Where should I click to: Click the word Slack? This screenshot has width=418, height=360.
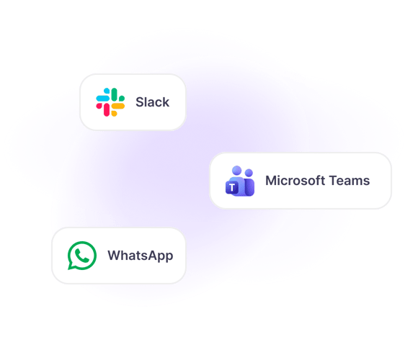pyautogui.click(x=152, y=102)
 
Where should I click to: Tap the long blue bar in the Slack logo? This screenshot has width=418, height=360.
pyautogui.click(x=102, y=98)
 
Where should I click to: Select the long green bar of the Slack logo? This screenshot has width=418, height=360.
pyautogui.click(x=115, y=94)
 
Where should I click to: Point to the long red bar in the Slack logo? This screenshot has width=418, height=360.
pyautogui.click(x=107, y=110)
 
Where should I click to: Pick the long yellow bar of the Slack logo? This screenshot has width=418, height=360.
pyautogui.click(x=118, y=107)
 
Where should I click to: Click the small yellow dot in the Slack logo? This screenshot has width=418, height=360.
pyautogui.click(x=114, y=114)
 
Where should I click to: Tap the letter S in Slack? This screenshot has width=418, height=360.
pyautogui.click(x=140, y=102)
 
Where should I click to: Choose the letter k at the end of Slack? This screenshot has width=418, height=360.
pyautogui.click(x=166, y=102)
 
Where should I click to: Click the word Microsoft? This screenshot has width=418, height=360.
pyautogui.click(x=295, y=181)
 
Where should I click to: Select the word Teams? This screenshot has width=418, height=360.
pyautogui.click(x=350, y=181)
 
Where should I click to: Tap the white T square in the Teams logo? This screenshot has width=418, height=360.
pyautogui.click(x=232, y=188)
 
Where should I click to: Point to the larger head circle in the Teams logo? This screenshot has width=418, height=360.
pyautogui.click(x=236, y=171)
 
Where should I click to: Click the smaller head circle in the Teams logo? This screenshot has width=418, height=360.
pyautogui.click(x=249, y=173)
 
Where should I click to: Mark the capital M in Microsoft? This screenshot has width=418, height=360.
pyautogui.click(x=271, y=181)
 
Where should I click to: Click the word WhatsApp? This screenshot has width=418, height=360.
pyautogui.click(x=141, y=256)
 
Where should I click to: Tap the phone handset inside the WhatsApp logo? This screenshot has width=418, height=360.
pyautogui.click(x=82, y=256)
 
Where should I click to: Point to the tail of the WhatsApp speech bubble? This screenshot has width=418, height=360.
pyautogui.click(x=71, y=266)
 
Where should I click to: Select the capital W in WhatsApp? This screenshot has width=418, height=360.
pyautogui.click(x=115, y=255)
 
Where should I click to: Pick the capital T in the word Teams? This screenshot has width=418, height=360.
pyautogui.click(x=334, y=181)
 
